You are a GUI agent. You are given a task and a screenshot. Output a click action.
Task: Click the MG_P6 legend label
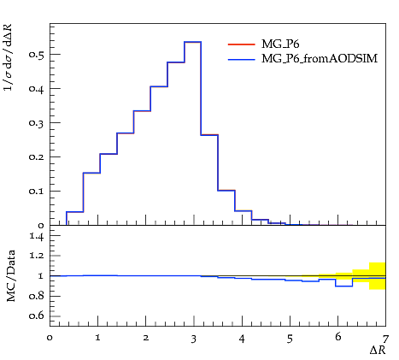[280, 44]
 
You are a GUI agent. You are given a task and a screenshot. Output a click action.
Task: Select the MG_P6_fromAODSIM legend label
[320, 58]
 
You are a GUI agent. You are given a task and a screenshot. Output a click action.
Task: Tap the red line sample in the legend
[242, 44]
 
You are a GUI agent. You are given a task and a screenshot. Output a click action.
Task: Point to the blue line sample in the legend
[242, 59]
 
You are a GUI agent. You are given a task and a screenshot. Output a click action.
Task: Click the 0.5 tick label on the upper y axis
[37, 54]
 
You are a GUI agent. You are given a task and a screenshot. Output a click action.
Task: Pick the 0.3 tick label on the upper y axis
[37, 122]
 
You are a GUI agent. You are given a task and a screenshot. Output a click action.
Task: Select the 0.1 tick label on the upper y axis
[37, 191]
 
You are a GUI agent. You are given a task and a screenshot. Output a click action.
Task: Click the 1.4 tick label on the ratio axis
[37, 236]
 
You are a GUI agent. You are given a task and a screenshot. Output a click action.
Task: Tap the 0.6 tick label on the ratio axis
[37, 316]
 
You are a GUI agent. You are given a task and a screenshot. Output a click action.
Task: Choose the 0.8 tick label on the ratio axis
[37, 296]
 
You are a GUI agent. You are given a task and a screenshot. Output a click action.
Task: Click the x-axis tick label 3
[194, 339]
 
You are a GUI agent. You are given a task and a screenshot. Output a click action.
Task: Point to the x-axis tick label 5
[290, 339]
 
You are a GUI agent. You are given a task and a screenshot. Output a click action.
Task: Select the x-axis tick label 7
[385, 339]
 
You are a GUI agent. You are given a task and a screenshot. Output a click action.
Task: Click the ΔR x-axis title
[378, 351]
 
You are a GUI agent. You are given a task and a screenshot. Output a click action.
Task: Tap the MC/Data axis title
[11, 276]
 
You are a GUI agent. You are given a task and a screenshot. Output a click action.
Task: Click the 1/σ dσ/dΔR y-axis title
[8, 57]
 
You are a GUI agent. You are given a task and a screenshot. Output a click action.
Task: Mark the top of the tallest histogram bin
[193, 42]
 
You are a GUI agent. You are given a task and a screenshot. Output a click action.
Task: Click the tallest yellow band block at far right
[378, 276]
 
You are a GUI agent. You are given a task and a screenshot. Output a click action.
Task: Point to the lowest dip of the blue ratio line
[344, 286]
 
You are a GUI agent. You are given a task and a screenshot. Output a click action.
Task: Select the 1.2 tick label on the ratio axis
[37, 256]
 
